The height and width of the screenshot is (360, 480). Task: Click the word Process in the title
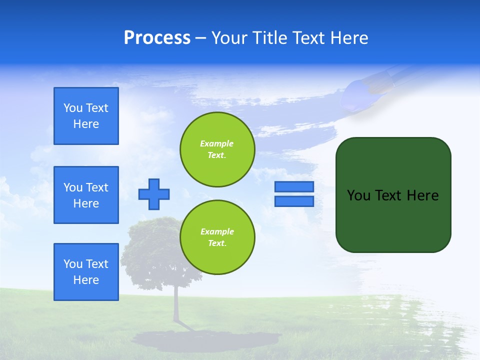(157, 38)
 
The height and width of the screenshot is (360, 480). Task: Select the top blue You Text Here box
(86, 116)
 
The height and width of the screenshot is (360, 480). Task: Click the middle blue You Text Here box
(86, 195)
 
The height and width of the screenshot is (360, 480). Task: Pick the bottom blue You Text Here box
(86, 272)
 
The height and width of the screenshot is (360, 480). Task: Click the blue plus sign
(154, 194)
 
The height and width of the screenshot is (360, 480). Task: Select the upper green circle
(217, 149)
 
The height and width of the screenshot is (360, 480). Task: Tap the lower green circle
(217, 237)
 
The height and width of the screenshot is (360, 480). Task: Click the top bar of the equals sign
(294, 187)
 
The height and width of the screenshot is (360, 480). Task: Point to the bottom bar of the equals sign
(294, 201)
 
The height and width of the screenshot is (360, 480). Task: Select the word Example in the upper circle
(217, 143)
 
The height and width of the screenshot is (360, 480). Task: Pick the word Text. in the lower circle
(217, 243)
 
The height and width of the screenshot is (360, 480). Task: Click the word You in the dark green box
(358, 195)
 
